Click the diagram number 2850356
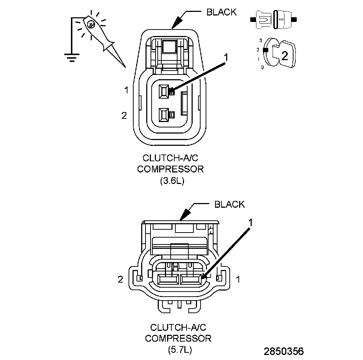pyautogui.click(x=284, y=351)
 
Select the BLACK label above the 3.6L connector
pyautogui.click(x=221, y=12)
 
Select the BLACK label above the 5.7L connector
pyautogui.click(x=229, y=204)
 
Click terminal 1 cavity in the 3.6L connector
pyautogui.click(x=164, y=91)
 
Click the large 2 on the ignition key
pyautogui.click(x=284, y=55)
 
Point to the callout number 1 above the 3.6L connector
pyautogui.click(x=226, y=57)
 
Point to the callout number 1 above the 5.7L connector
pyautogui.click(x=251, y=222)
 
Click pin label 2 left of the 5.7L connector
pyautogui.click(x=121, y=279)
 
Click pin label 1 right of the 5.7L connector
pyautogui.click(x=238, y=279)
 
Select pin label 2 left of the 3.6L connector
pyautogui.click(x=124, y=116)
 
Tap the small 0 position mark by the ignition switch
pyautogui.click(x=262, y=67)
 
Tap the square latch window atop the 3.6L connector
pyautogui.click(x=169, y=46)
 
